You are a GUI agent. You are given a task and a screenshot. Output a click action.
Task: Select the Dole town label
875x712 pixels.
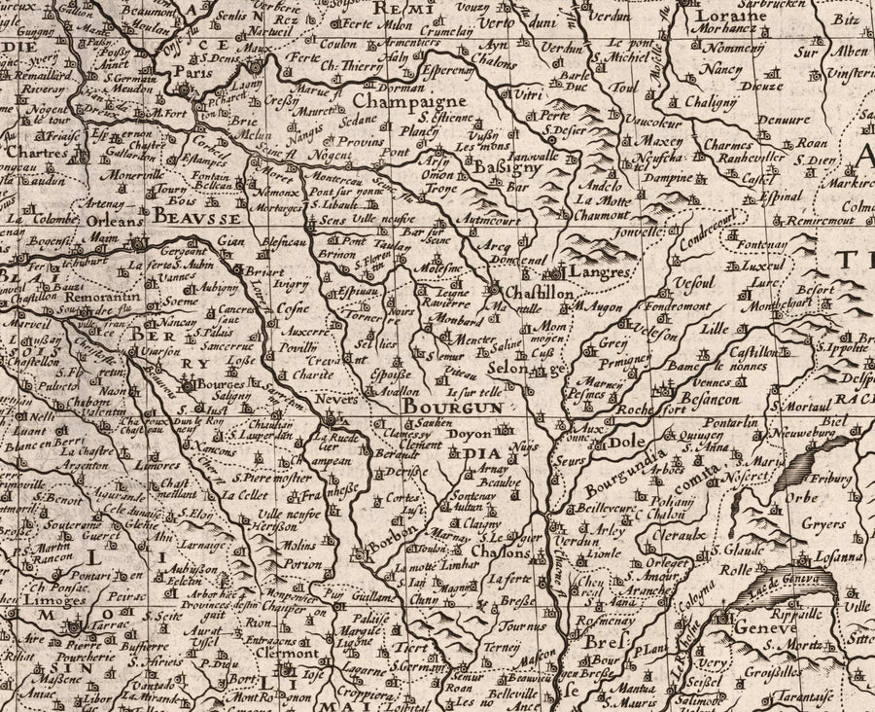coord(629,442)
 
